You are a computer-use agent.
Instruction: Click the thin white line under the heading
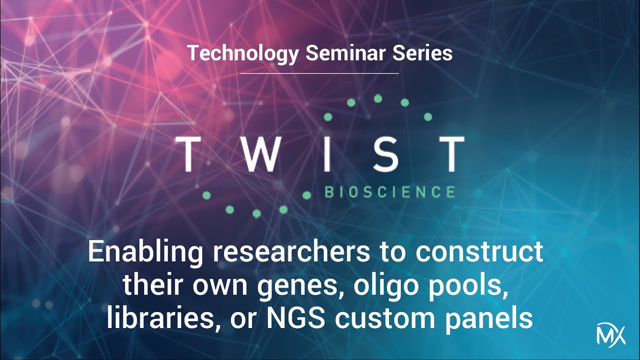pyautogui.click(x=320, y=73)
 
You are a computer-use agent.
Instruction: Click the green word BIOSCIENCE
pyautogui.click(x=390, y=192)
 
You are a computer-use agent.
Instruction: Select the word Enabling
pyautogui.click(x=145, y=252)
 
